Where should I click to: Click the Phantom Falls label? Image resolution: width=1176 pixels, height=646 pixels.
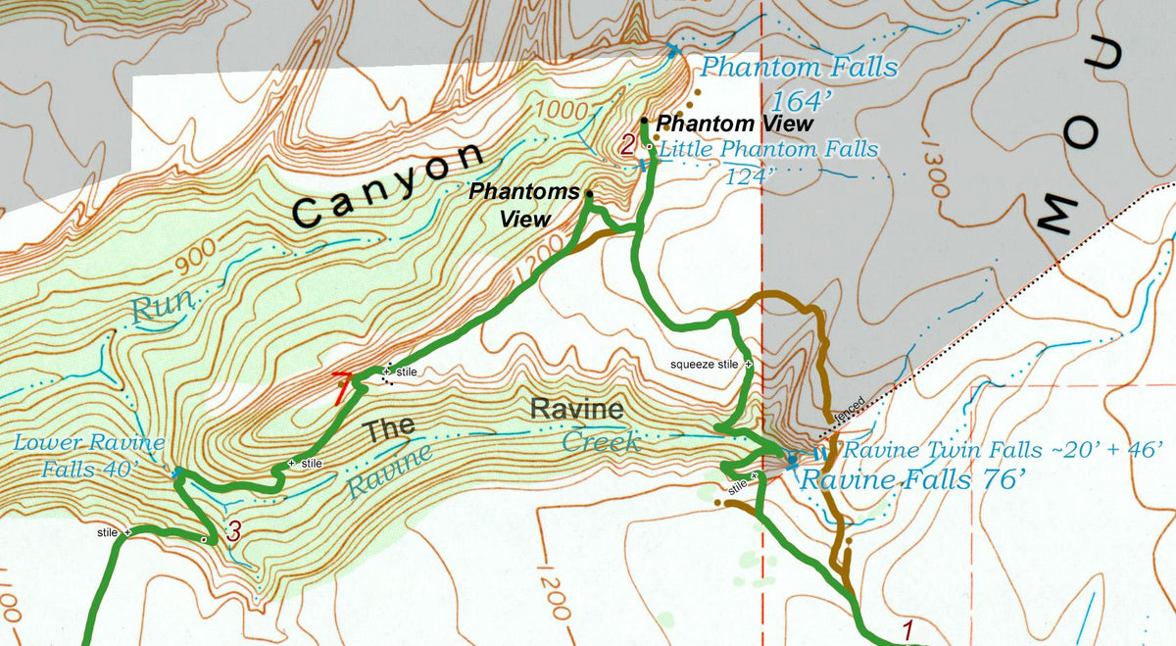pyautogui.click(x=799, y=68)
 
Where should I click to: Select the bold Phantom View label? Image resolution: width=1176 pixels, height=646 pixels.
pyautogui.click(x=734, y=124)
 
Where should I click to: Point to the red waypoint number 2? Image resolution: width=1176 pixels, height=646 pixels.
pyautogui.click(x=628, y=146)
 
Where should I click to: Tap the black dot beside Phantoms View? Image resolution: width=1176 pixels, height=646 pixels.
pyautogui.click(x=589, y=194)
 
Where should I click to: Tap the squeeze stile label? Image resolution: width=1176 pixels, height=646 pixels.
pyautogui.click(x=704, y=364)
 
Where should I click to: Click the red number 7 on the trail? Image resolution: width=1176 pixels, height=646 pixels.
pyautogui.click(x=340, y=388)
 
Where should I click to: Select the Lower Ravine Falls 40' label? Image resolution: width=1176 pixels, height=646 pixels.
pyautogui.click(x=88, y=456)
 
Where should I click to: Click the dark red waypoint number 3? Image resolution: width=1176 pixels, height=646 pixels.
pyautogui.click(x=233, y=532)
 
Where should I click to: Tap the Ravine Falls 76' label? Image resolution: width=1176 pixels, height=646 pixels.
pyautogui.click(x=912, y=480)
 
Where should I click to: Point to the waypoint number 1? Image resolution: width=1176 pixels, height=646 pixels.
pyautogui.click(x=907, y=629)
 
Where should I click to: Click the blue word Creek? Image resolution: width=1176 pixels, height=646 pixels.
pyautogui.click(x=601, y=443)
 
